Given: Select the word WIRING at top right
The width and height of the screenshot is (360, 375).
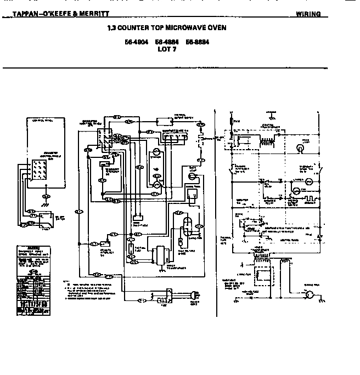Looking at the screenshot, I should click(x=308, y=14).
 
